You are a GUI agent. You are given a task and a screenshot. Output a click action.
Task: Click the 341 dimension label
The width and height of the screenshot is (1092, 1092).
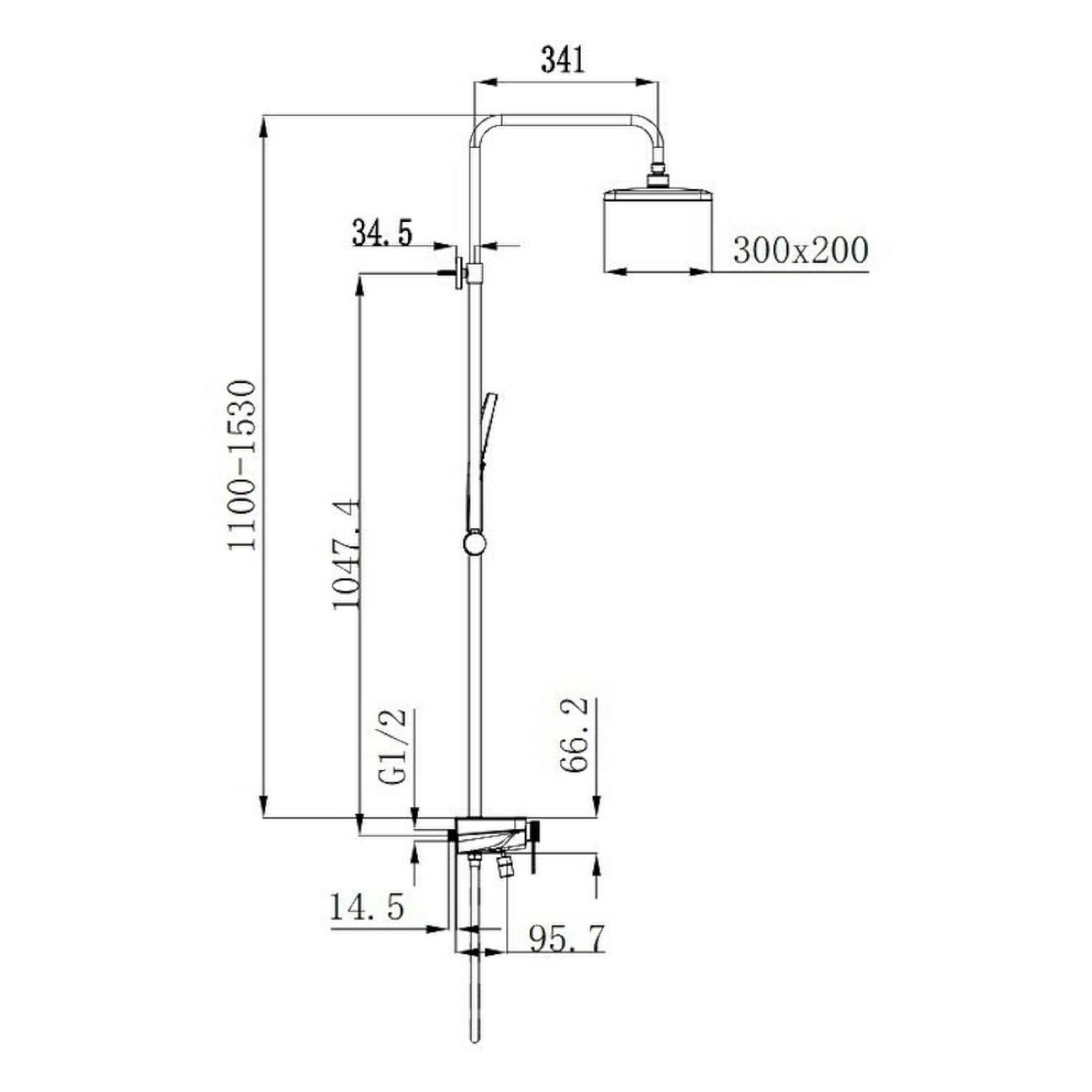point(562,60)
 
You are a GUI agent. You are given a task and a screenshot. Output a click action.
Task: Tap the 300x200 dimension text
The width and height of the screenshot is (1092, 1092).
point(800,250)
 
